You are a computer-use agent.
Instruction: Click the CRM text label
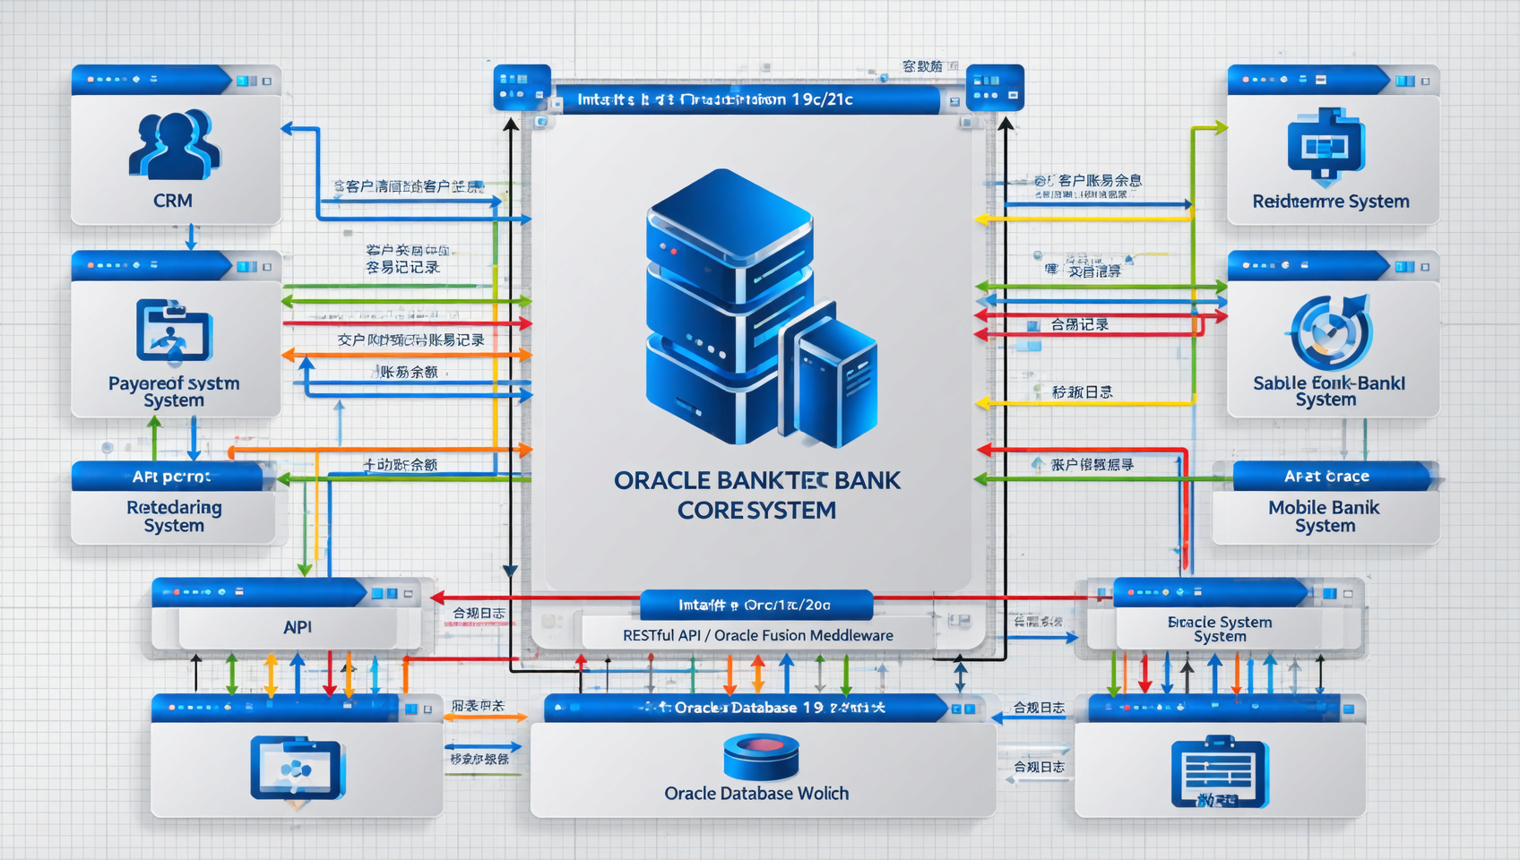pos(173,201)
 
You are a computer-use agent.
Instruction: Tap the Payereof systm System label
pos(174,391)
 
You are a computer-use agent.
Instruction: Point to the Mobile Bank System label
pos(1324,516)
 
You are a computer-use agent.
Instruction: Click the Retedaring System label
pos(174,516)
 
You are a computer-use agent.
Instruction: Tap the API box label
pos(298,627)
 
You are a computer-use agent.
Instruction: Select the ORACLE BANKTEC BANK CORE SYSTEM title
pos(756,494)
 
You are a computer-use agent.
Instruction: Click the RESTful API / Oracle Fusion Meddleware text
pos(757,635)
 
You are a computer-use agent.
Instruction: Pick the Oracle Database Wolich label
pos(756,793)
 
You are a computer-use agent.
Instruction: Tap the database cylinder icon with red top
pos(761,756)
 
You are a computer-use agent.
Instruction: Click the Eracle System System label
pos(1220,628)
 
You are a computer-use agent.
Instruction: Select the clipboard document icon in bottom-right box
pos(1219,771)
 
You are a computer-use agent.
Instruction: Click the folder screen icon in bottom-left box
pos(297,768)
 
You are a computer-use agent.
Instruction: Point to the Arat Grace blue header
pos(1326,477)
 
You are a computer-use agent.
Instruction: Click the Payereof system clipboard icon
pos(174,330)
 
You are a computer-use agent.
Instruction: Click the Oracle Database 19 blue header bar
pos(748,708)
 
